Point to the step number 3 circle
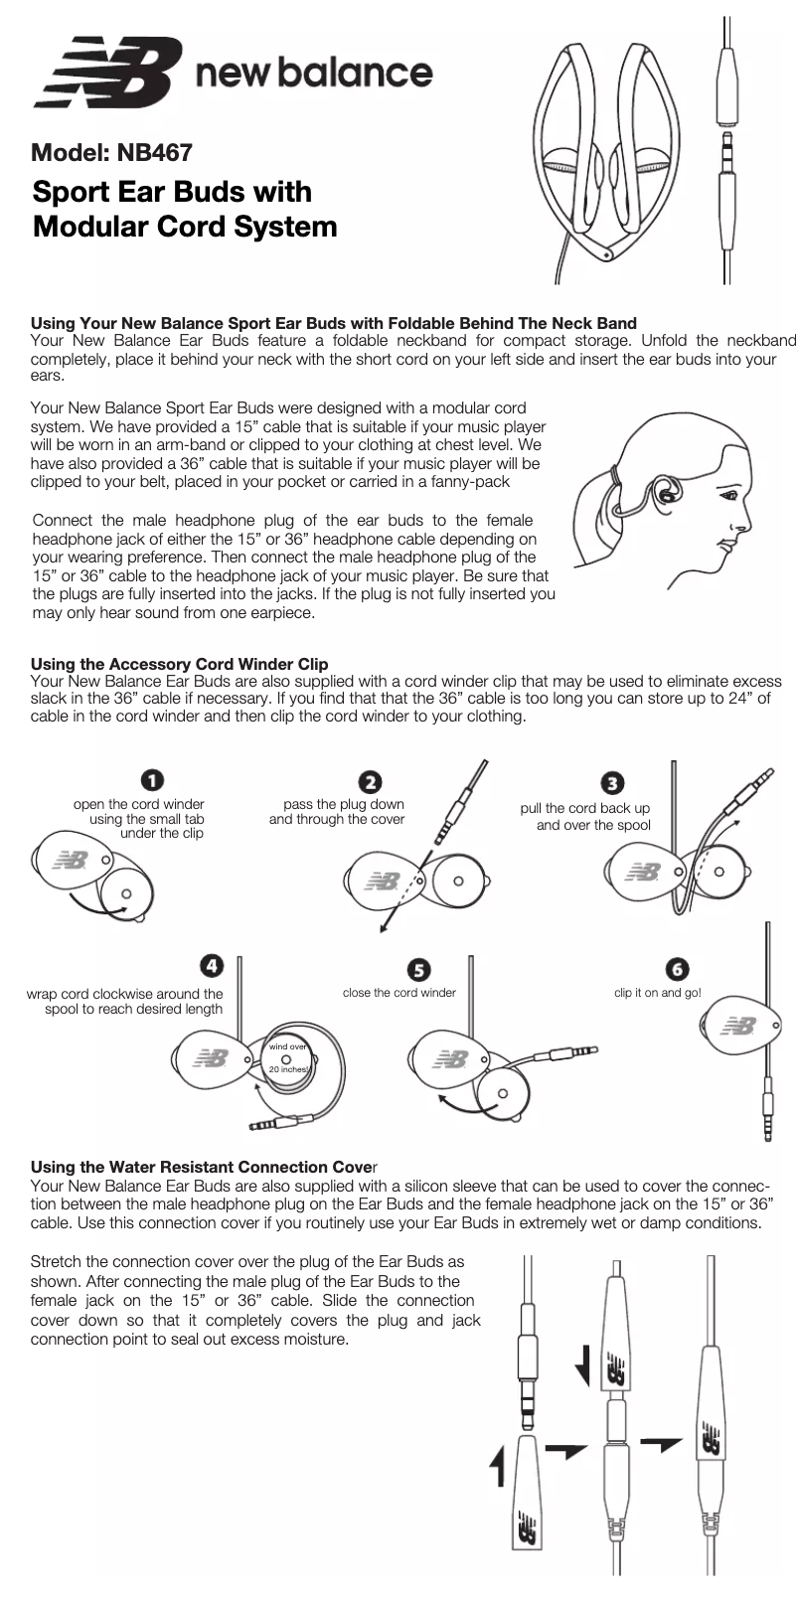[614, 783]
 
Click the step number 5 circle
[419, 969]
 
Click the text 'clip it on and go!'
[657, 993]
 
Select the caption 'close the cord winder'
[398, 993]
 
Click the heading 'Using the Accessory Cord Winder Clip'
[179, 664]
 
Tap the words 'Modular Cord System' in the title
[185, 227]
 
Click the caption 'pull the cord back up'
[584, 808]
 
